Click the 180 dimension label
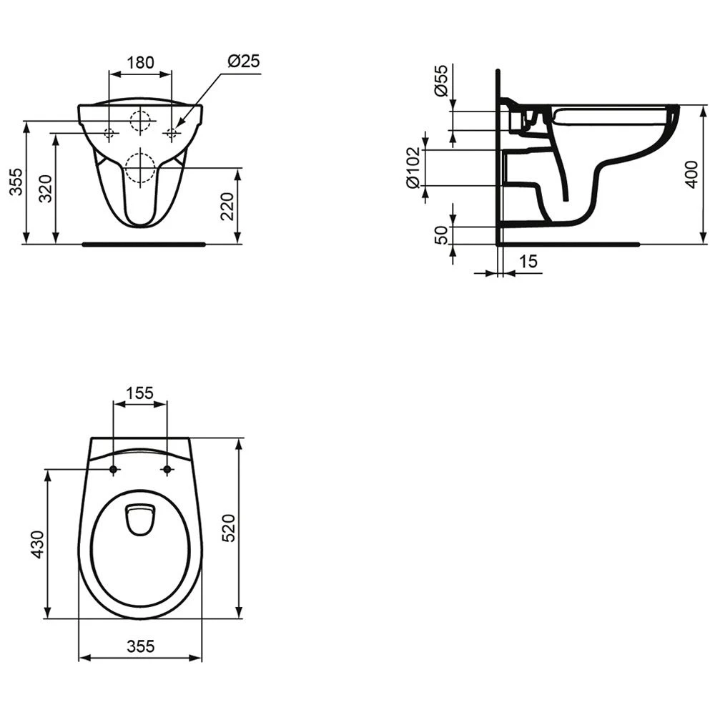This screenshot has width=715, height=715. coord(140,62)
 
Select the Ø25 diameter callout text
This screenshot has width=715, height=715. coord(243,62)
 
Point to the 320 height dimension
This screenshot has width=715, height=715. coord(46,189)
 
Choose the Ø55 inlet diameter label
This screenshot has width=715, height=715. coord(440,80)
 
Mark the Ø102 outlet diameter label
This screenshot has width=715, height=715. coord(413,167)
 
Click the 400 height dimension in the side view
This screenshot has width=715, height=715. coord(691,174)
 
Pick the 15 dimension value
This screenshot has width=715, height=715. coord(528,262)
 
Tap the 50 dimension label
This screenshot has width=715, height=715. coord(441,235)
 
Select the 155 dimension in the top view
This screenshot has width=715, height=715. coord(140,393)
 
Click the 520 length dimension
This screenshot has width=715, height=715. coord(228,527)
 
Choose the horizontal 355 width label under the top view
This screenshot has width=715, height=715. coord(140,646)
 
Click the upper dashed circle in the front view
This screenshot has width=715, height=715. coord(140,121)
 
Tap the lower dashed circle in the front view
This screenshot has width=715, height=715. coord(140,167)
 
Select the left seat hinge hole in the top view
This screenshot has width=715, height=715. coord(114,470)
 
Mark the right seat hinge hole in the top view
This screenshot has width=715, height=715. coord(167,470)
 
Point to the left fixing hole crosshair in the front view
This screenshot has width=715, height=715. coord(109,133)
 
